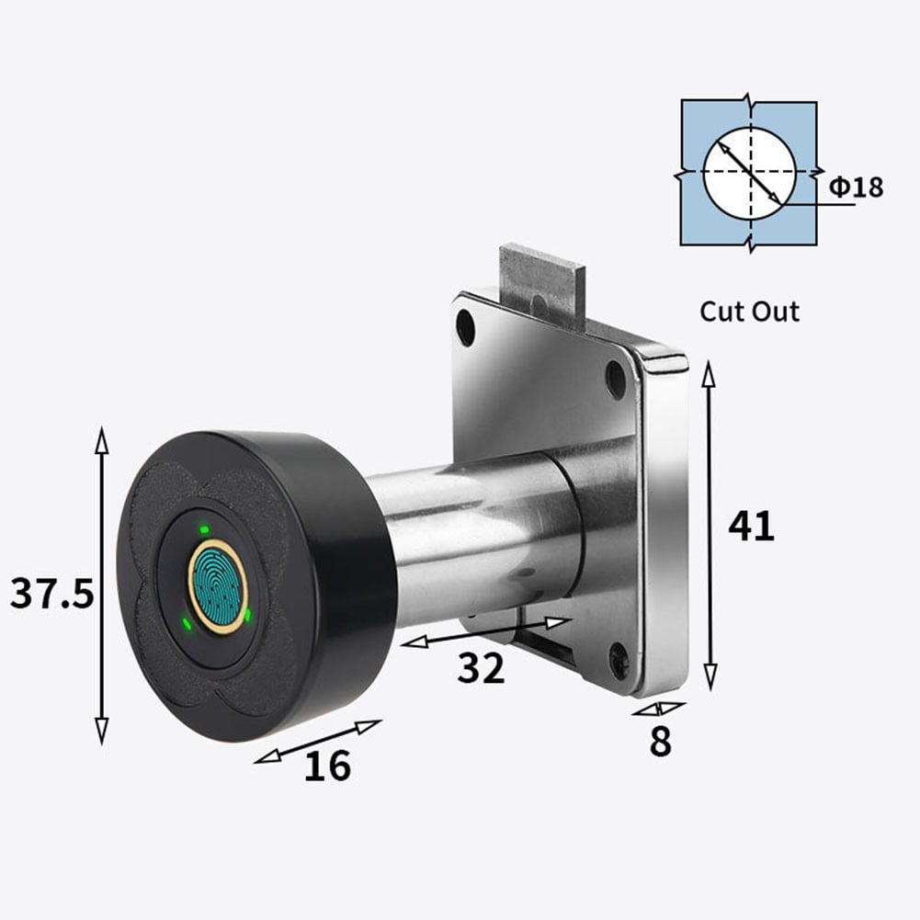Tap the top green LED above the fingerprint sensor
203,530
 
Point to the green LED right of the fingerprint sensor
248,613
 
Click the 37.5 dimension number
51,594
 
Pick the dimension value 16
327,765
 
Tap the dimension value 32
482,669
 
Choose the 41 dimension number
751,526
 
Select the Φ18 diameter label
856,187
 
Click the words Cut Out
749,311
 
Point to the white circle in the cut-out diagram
749,173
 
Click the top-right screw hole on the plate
615,378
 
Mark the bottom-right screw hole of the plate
619,658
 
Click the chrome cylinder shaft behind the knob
478,542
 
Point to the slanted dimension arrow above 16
317,742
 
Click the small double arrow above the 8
658,709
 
